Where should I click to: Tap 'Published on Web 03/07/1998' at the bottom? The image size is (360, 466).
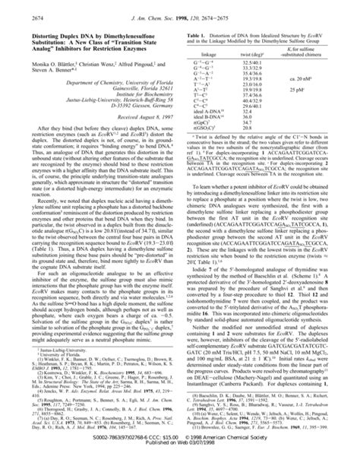tap(180, 461)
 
